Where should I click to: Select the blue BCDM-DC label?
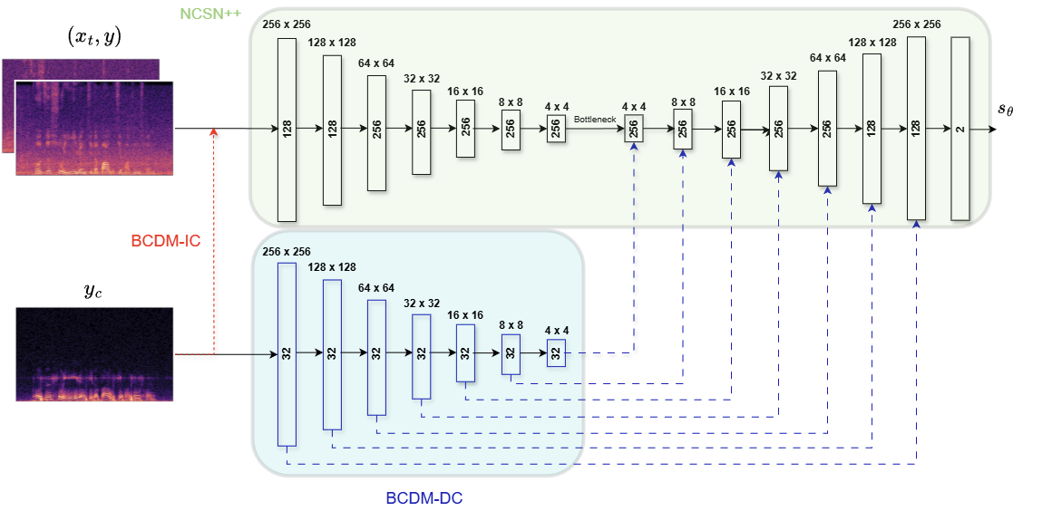(x=424, y=498)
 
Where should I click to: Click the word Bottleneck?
(x=595, y=119)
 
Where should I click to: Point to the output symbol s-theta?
(x=1006, y=110)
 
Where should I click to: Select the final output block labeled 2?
(x=960, y=129)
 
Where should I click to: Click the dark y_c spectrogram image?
(x=94, y=353)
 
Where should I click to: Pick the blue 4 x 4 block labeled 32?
(x=556, y=353)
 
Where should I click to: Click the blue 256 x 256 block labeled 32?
(x=287, y=353)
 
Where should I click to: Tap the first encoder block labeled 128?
(x=287, y=129)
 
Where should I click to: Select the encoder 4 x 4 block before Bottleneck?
(x=556, y=129)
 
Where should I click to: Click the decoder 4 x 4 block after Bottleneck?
(x=633, y=129)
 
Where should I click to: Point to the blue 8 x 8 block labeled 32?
(x=511, y=353)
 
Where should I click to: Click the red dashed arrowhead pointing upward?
(x=214, y=133)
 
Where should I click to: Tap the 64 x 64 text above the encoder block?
(x=375, y=63)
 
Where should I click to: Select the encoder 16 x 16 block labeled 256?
(x=465, y=129)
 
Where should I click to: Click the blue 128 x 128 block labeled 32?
(x=332, y=353)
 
